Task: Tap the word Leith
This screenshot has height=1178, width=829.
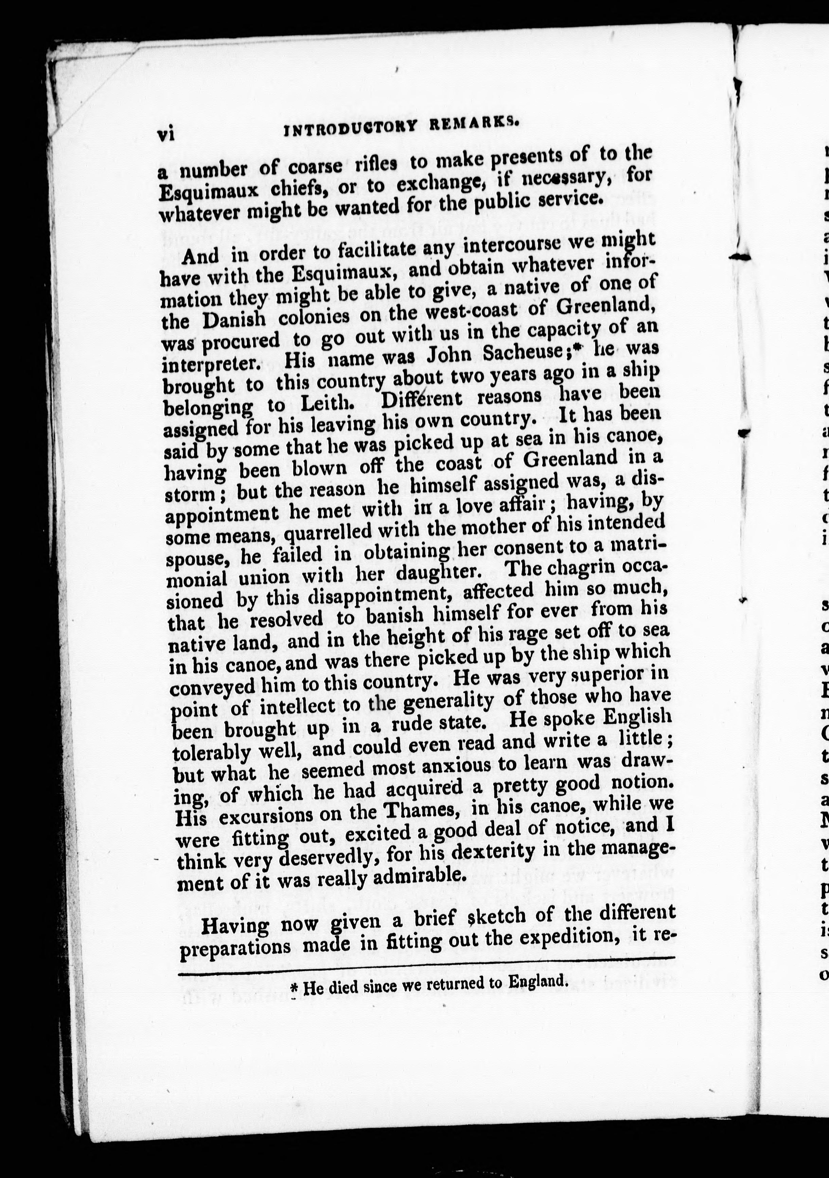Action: tap(327, 404)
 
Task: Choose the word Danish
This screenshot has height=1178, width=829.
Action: tap(234, 320)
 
